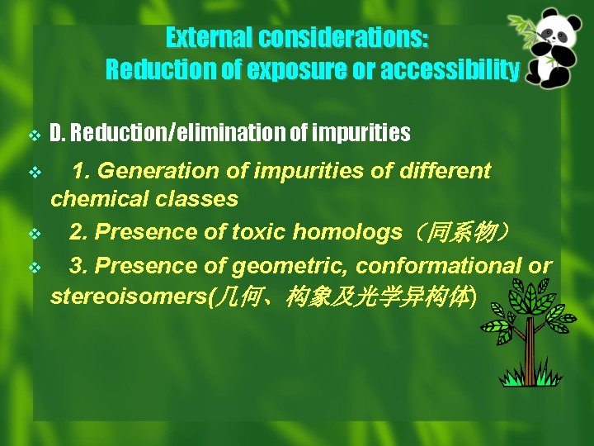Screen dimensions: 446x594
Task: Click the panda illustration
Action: (x=557, y=50)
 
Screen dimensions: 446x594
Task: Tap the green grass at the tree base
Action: (x=528, y=378)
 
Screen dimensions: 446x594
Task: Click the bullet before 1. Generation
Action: (x=34, y=173)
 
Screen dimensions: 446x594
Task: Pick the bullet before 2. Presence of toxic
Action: (x=34, y=235)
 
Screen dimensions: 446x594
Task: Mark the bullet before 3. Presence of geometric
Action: (x=34, y=268)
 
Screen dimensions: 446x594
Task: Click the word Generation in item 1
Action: (x=153, y=172)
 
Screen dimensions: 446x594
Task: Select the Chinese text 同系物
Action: (x=463, y=234)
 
